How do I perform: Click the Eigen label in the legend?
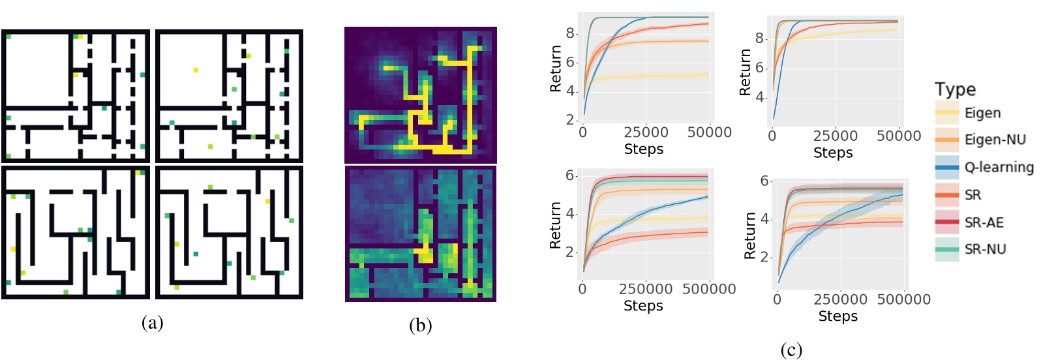click(982, 113)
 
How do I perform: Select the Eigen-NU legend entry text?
click(995, 140)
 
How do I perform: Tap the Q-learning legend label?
click(999, 168)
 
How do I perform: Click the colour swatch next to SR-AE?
click(947, 222)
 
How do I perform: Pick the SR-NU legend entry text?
click(985, 249)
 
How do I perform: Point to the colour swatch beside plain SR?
click(947, 195)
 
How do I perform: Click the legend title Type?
click(955, 89)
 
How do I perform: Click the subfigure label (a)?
click(152, 322)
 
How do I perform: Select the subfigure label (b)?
click(420, 325)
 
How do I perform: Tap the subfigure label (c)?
click(791, 350)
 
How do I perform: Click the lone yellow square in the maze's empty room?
click(195, 70)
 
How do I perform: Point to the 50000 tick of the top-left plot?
click(709, 132)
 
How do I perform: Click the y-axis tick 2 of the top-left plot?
click(570, 120)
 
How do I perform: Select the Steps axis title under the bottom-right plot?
click(837, 316)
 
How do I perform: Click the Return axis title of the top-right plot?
click(745, 72)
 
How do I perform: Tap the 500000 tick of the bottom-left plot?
click(708, 289)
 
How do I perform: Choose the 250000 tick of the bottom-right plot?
click(840, 299)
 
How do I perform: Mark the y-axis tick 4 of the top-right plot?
click(760, 97)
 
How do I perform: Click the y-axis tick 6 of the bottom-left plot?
click(570, 175)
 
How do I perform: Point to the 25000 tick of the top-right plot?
click(835, 136)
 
